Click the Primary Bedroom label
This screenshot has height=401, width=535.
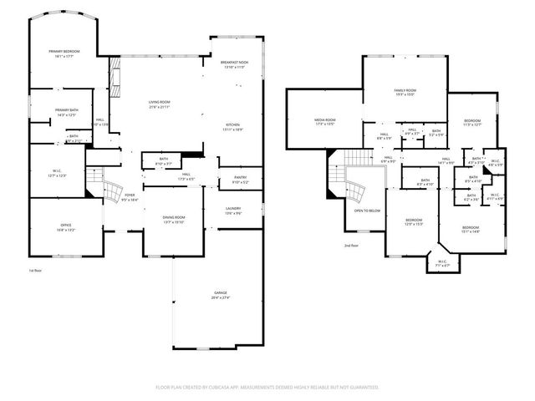(x=65, y=53)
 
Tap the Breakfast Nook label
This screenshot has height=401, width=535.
(x=233, y=63)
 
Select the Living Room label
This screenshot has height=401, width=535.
(x=159, y=104)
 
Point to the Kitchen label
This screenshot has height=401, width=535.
(x=233, y=126)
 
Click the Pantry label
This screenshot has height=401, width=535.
(x=241, y=179)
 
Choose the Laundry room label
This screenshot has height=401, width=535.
(x=233, y=210)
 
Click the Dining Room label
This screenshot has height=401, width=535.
(x=174, y=219)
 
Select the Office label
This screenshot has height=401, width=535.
(x=65, y=227)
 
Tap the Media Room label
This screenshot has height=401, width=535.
(x=324, y=121)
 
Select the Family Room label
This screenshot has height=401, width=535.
(x=405, y=91)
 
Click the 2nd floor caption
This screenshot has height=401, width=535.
(x=351, y=246)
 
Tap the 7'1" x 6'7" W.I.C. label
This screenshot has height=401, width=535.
(x=442, y=263)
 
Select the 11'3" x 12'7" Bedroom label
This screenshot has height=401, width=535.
(x=472, y=122)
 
